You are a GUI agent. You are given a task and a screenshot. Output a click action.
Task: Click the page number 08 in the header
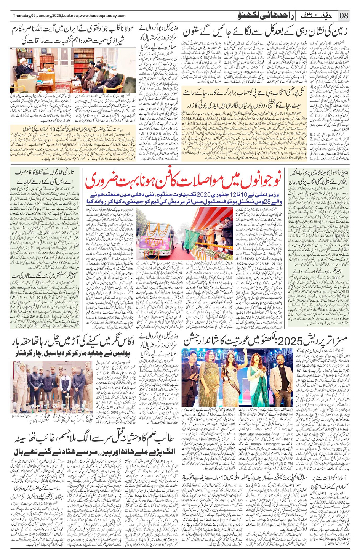pos(344,16)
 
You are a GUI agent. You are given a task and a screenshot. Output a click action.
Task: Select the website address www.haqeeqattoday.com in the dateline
pos(102,16)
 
